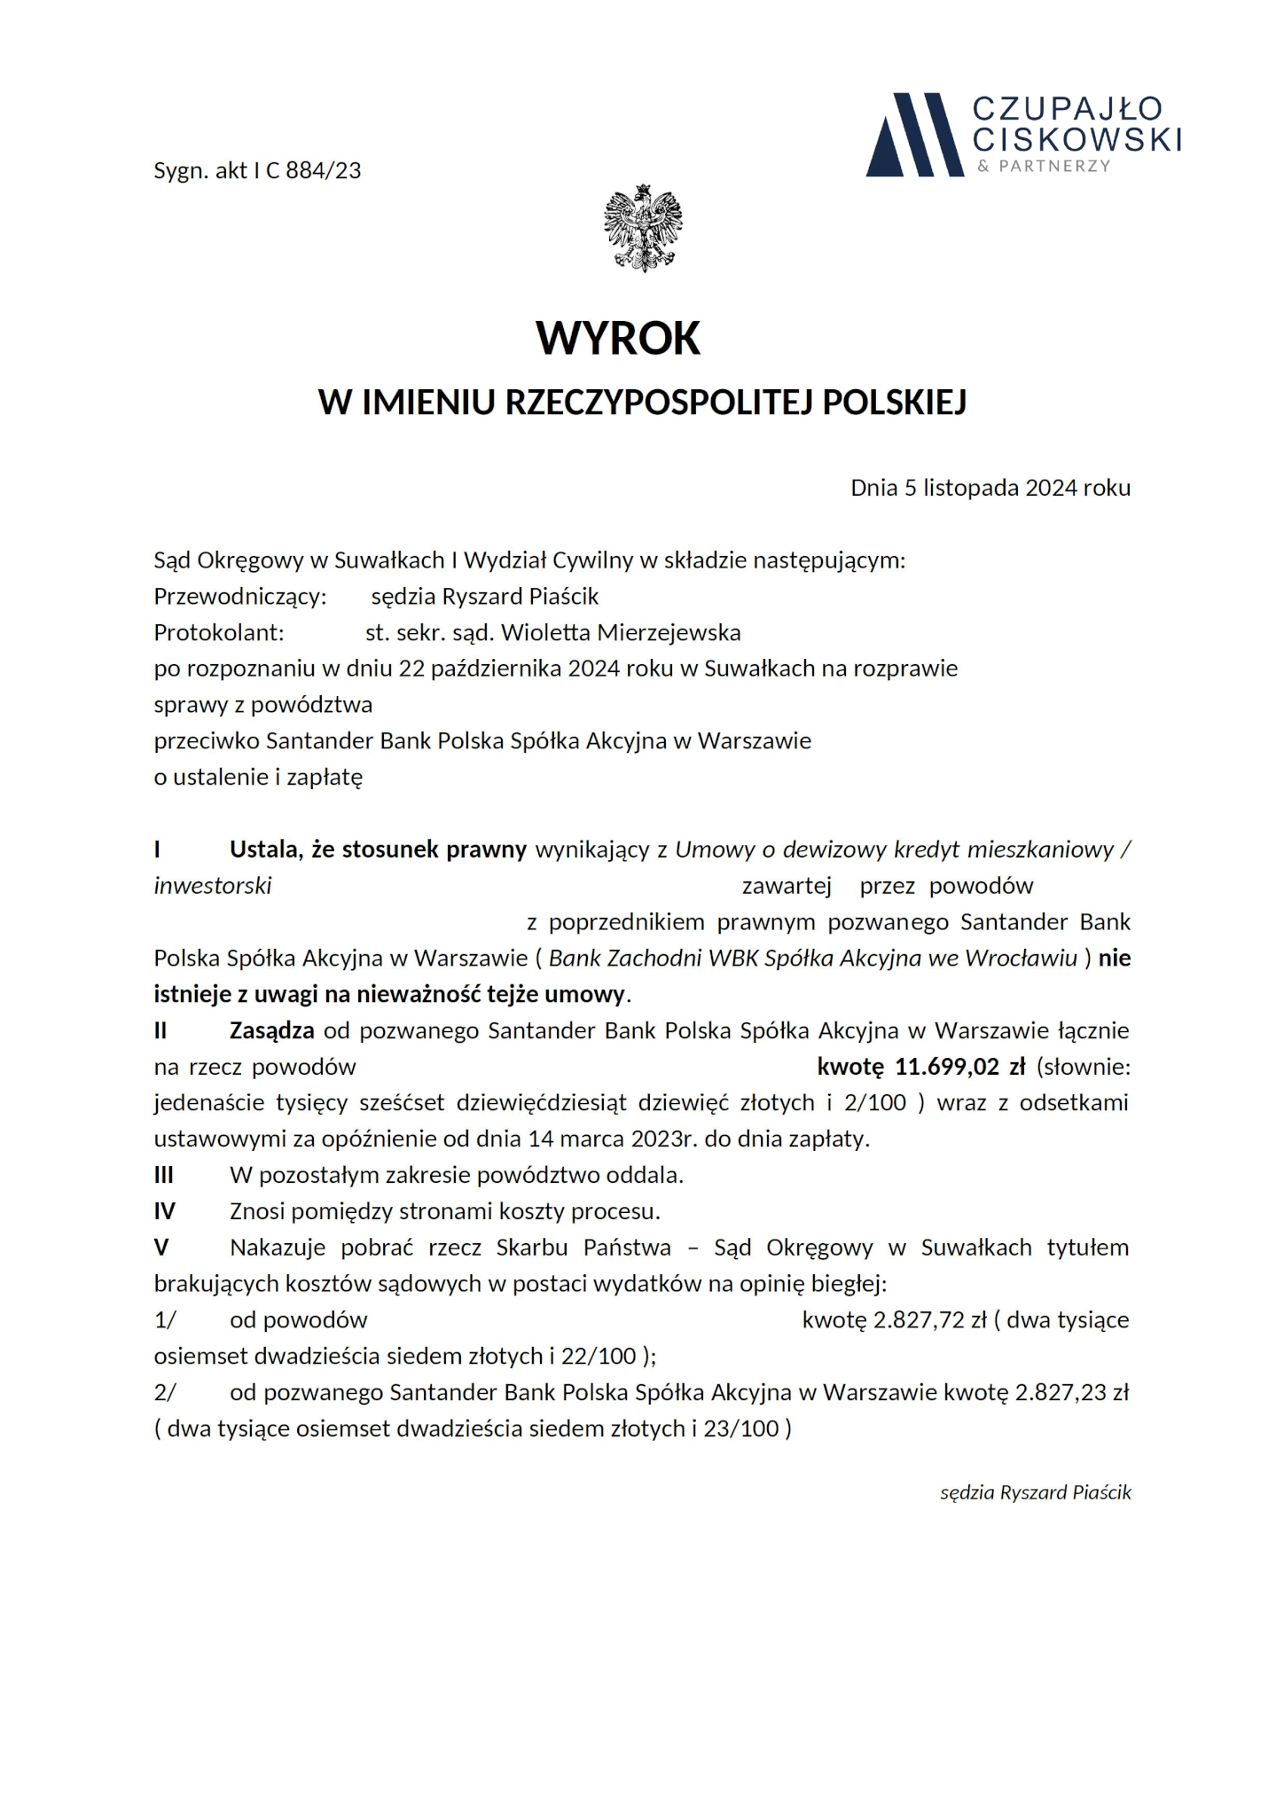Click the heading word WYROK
pyautogui.click(x=618, y=338)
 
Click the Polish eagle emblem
pyautogui.click(x=643, y=228)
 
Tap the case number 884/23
pyautogui.click(x=324, y=171)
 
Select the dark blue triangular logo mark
pyautogui.click(x=914, y=135)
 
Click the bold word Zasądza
pyautogui.click(x=271, y=1030)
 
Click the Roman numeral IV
pyautogui.click(x=165, y=1211)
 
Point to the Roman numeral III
pyautogui.click(x=164, y=1176)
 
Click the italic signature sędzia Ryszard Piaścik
pyautogui.click(x=1035, y=1492)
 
